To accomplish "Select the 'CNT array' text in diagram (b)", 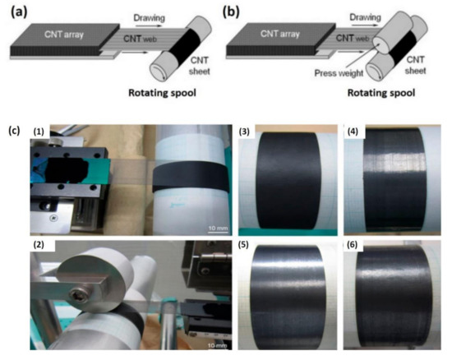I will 289,34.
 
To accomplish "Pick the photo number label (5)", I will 248,245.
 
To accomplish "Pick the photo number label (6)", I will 351,245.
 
